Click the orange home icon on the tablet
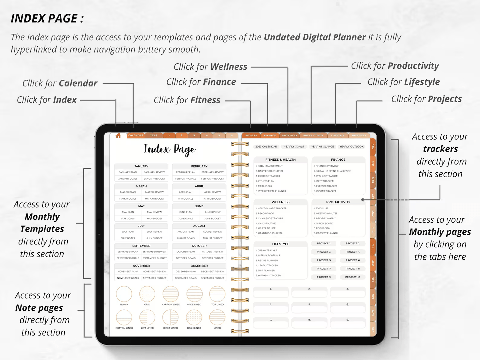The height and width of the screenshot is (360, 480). pos(118,135)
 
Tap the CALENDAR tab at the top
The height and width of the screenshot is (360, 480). pos(136,135)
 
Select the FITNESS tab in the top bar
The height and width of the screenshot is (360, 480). pos(251,135)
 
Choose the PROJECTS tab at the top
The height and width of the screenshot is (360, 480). pos(359,135)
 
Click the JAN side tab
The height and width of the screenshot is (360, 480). pos(373,147)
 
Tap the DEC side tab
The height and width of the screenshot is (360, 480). pos(373,329)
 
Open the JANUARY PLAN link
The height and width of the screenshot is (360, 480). pos(128,172)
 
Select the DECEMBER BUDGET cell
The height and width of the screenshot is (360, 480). pos(213,278)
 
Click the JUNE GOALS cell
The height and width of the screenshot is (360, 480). pos(186,219)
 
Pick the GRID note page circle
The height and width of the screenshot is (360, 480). pos(147,294)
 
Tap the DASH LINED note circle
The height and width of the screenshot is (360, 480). pos(194,317)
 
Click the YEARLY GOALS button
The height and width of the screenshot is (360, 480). pos(294,147)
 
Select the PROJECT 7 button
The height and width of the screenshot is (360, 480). pos(323,268)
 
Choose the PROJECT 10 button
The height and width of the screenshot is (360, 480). pos(352,277)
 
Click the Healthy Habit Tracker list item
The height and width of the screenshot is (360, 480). pos(272,208)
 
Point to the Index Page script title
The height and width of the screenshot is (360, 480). pos(170,149)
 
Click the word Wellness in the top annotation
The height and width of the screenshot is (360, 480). pos(229,67)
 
